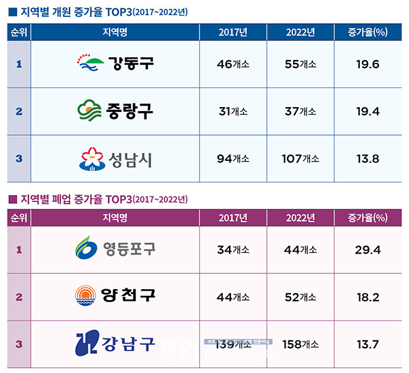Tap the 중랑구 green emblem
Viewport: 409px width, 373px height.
(90, 110)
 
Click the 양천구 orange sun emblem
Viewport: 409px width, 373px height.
(87, 297)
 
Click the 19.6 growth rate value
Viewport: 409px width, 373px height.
(367, 63)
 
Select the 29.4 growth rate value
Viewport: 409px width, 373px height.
(367, 250)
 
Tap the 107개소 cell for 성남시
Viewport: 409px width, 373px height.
(300, 159)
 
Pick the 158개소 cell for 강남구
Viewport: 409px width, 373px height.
(300, 344)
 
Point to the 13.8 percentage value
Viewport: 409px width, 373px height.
(367, 159)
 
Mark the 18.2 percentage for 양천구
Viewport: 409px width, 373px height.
(367, 297)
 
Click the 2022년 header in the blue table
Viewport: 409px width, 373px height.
(300, 33)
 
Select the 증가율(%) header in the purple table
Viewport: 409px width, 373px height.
(367, 218)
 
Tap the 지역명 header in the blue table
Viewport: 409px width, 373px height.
(115, 33)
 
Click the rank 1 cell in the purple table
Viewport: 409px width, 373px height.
(18, 250)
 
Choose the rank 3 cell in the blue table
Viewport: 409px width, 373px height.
(18, 159)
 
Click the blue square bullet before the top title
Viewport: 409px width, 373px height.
(12, 12)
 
